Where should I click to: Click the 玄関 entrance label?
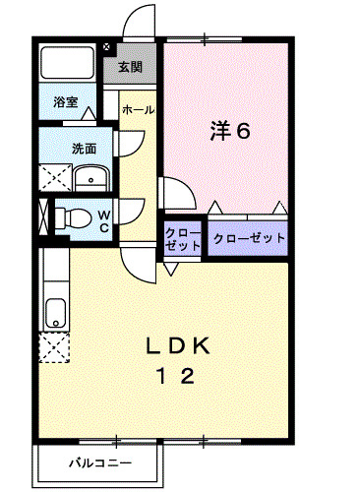click(130, 68)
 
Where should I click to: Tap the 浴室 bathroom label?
click(65, 101)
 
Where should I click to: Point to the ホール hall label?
click(138, 111)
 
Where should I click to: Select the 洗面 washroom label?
click(84, 150)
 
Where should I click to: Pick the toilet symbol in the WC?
click(75, 217)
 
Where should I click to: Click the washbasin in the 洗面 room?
click(92, 180)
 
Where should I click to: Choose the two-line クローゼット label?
click(182, 239)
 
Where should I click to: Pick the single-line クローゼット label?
click(249, 238)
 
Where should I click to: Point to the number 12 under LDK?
click(179, 377)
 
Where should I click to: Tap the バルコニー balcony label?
click(98, 462)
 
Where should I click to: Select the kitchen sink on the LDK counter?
click(54, 314)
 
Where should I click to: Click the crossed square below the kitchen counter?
click(54, 346)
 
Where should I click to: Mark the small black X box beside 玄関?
click(107, 46)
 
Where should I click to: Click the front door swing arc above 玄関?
click(139, 22)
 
